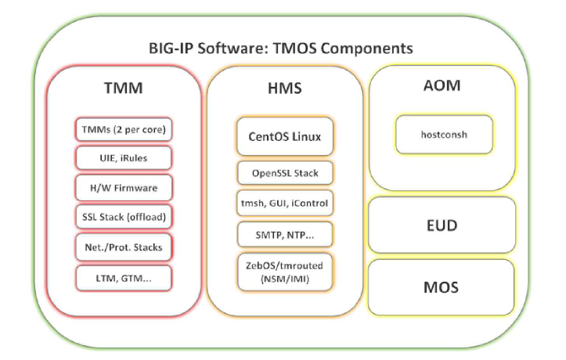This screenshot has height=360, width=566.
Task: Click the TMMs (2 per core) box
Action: coord(124,128)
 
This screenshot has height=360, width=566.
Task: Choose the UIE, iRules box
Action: coord(124,158)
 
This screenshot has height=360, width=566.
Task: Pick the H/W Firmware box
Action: coord(124,188)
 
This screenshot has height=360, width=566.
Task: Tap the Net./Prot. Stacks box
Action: coord(124,247)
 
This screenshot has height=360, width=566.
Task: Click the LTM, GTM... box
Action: coord(124,277)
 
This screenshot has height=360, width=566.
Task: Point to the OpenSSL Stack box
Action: coord(285,173)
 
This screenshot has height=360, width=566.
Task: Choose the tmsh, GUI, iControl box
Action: coord(285,203)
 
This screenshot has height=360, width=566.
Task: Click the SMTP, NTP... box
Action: coord(285,234)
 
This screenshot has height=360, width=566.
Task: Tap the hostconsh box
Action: coord(444,134)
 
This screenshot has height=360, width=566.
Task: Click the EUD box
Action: coord(442,225)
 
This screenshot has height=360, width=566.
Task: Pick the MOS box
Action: coord(442,287)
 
